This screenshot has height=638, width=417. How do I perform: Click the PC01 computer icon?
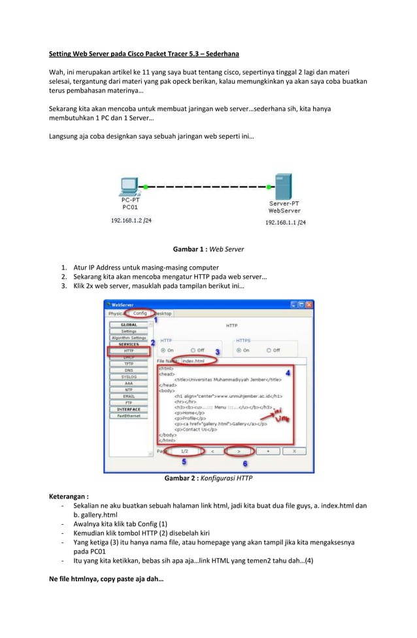[129, 186]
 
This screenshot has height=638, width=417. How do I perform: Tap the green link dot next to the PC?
[145, 186]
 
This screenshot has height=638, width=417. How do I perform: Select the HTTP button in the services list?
[129, 351]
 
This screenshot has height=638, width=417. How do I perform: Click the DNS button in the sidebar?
[129, 370]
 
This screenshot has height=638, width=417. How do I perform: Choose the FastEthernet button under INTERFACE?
[129, 416]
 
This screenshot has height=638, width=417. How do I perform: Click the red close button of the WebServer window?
[309, 304]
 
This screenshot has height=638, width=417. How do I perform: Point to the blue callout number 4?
[288, 370]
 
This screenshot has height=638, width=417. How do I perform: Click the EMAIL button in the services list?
[129, 396]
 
